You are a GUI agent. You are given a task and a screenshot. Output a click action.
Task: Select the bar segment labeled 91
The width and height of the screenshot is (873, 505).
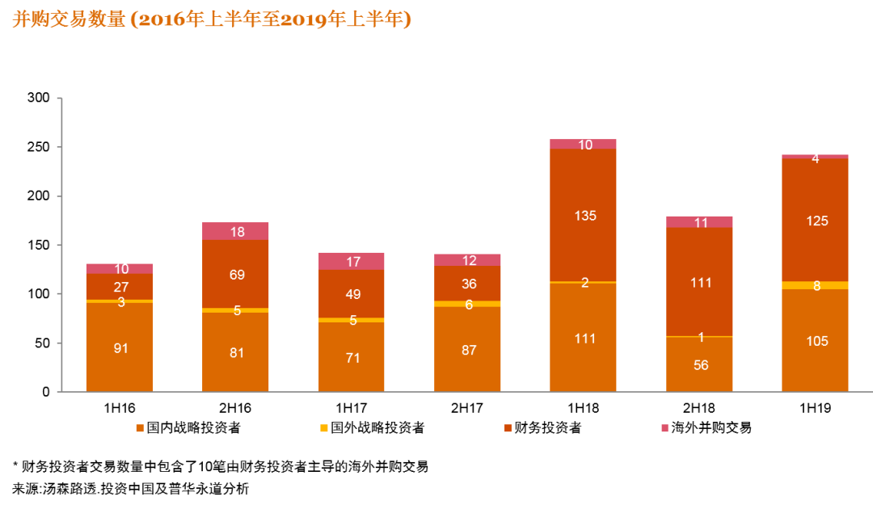coord(120,347)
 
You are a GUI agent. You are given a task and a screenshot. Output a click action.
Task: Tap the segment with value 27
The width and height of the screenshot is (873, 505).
coord(120,287)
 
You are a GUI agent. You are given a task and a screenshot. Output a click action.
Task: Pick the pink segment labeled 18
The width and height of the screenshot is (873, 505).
coord(235,232)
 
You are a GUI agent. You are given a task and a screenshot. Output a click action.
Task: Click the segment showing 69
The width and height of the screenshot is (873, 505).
coord(235,274)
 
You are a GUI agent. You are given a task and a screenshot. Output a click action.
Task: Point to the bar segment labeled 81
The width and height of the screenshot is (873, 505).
coord(235,352)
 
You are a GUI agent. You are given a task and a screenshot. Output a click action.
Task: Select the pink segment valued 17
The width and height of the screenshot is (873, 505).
coord(352,261)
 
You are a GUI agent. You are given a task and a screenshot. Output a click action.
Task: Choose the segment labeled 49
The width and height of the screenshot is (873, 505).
coord(352,293)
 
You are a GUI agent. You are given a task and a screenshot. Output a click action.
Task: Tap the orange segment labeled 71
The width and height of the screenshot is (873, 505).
coord(352,357)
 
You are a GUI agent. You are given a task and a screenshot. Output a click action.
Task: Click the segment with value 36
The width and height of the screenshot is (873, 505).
coord(467,284)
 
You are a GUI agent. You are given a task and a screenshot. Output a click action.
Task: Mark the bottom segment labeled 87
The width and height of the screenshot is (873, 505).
coord(467,350)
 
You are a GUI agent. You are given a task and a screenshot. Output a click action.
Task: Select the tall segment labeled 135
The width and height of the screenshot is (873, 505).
coord(584,215)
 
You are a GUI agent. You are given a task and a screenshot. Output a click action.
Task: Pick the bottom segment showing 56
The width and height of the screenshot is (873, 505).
coord(700,364)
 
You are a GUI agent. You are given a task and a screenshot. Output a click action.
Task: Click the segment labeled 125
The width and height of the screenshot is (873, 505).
coord(816,220)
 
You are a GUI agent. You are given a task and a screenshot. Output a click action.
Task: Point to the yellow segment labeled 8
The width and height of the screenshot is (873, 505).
coord(816,285)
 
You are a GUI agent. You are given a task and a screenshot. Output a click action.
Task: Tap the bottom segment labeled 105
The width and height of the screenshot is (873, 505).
coord(816,340)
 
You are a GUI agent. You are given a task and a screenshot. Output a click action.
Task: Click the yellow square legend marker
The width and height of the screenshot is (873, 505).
coord(324,428)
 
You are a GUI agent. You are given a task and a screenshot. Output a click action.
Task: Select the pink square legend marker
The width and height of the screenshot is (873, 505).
coord(664,428)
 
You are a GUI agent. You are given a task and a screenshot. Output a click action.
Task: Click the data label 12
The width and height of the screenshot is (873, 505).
coord(469,260)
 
